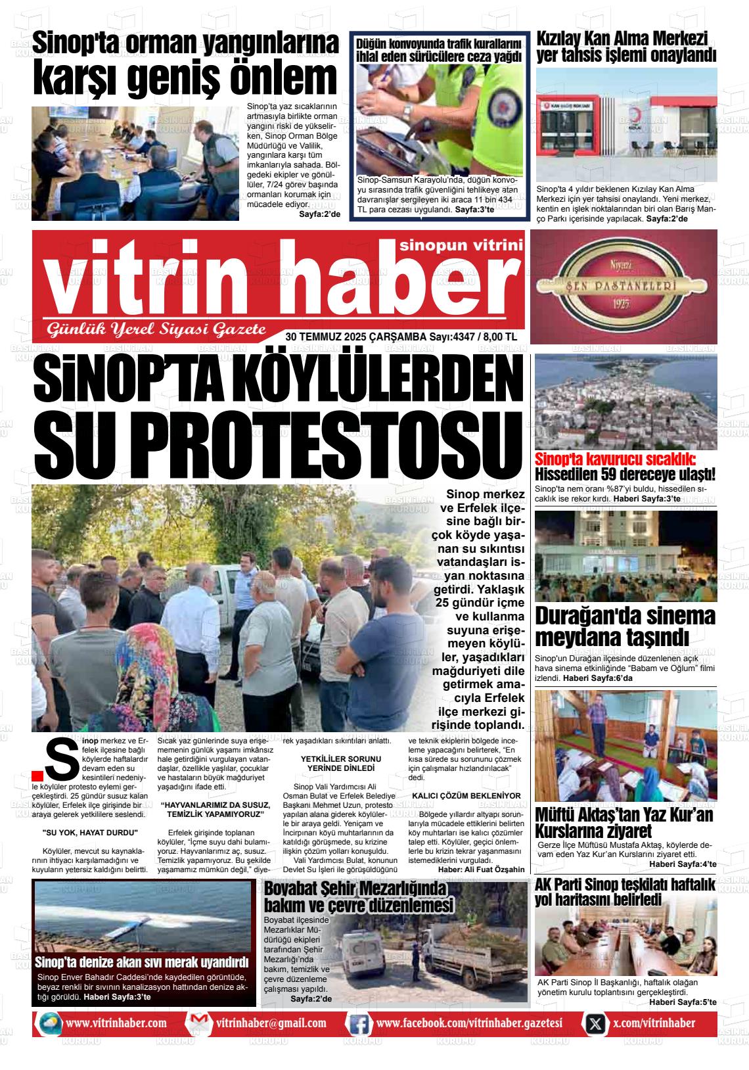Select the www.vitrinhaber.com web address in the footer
pyautogui.click(x=116, y=1023)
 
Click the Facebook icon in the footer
pyautogui.click(x=358, y=1023)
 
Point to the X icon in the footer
pyautogui.click(x=595, y=1023)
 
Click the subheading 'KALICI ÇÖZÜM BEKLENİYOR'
pyautogui.click(x=466, y=796)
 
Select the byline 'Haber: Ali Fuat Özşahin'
pyautogui.click(x=481, y=869)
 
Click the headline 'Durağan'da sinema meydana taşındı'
pyautogui.click(x=624, y=626)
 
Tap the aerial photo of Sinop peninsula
pyautogui.click(x=625, y=402)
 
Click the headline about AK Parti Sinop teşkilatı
pyautogui.click(x=624, y=892)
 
